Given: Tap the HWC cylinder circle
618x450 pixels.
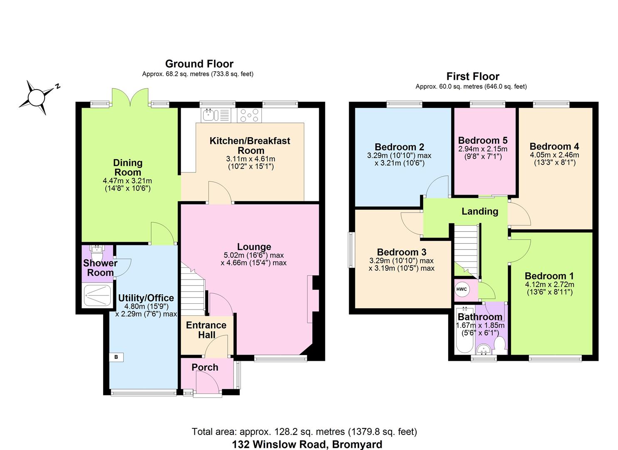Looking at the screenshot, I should point(462,290).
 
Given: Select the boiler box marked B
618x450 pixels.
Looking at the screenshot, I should point(116,357).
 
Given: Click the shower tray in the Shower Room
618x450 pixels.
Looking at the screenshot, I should point(97,295).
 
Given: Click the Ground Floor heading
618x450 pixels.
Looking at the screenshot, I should point(199,64).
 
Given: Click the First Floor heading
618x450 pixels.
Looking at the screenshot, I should point(472,76).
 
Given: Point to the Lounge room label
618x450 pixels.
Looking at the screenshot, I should point(254,247).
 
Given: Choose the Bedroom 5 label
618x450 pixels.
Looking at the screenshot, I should point(483,140).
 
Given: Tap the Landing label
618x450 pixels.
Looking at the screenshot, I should point(479,211).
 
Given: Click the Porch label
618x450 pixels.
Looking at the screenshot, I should point(205,367).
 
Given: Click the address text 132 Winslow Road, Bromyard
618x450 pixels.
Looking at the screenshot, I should point(307,444).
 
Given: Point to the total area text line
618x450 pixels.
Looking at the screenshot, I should point(304,432).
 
